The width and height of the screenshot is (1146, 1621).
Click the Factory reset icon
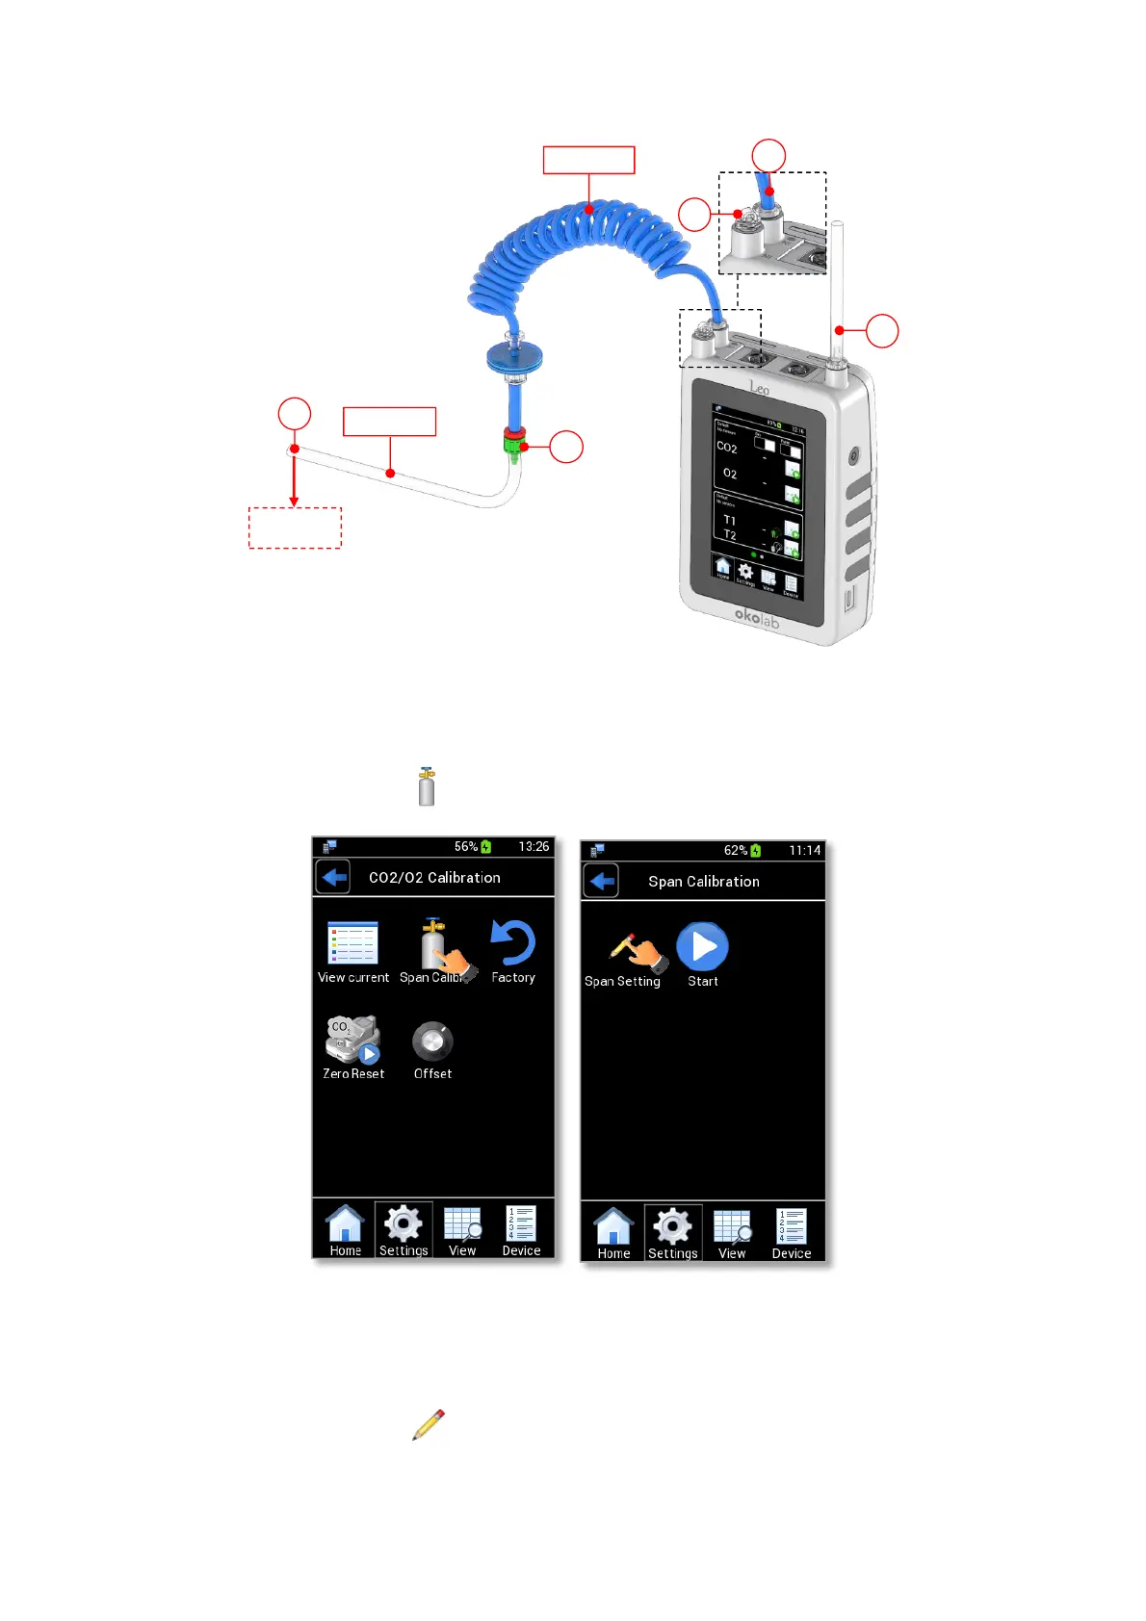coord(512,943)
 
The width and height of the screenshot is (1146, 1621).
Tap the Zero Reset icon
coord(352,1041)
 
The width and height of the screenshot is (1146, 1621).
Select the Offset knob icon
coord(432,1042)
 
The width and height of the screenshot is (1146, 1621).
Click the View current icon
coord(352,943)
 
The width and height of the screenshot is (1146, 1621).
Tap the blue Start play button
coord(702,947)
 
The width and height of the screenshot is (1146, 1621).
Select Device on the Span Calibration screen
coord(791,1233)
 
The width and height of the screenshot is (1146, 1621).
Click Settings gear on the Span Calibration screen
coord(672,1233)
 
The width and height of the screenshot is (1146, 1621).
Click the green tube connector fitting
coord(513,445)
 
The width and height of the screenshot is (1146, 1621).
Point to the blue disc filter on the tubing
coord(514,357)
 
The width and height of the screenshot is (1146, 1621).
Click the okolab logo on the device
coord(756,617)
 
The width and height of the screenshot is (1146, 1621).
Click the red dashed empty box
coord(295,527)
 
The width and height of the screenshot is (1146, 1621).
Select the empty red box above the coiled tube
coord(588,160)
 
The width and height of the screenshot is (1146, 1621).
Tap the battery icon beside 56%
coord(486,847)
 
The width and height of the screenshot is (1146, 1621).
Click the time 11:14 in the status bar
coord(804,850)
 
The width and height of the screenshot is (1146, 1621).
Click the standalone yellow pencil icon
coord(429,1425)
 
